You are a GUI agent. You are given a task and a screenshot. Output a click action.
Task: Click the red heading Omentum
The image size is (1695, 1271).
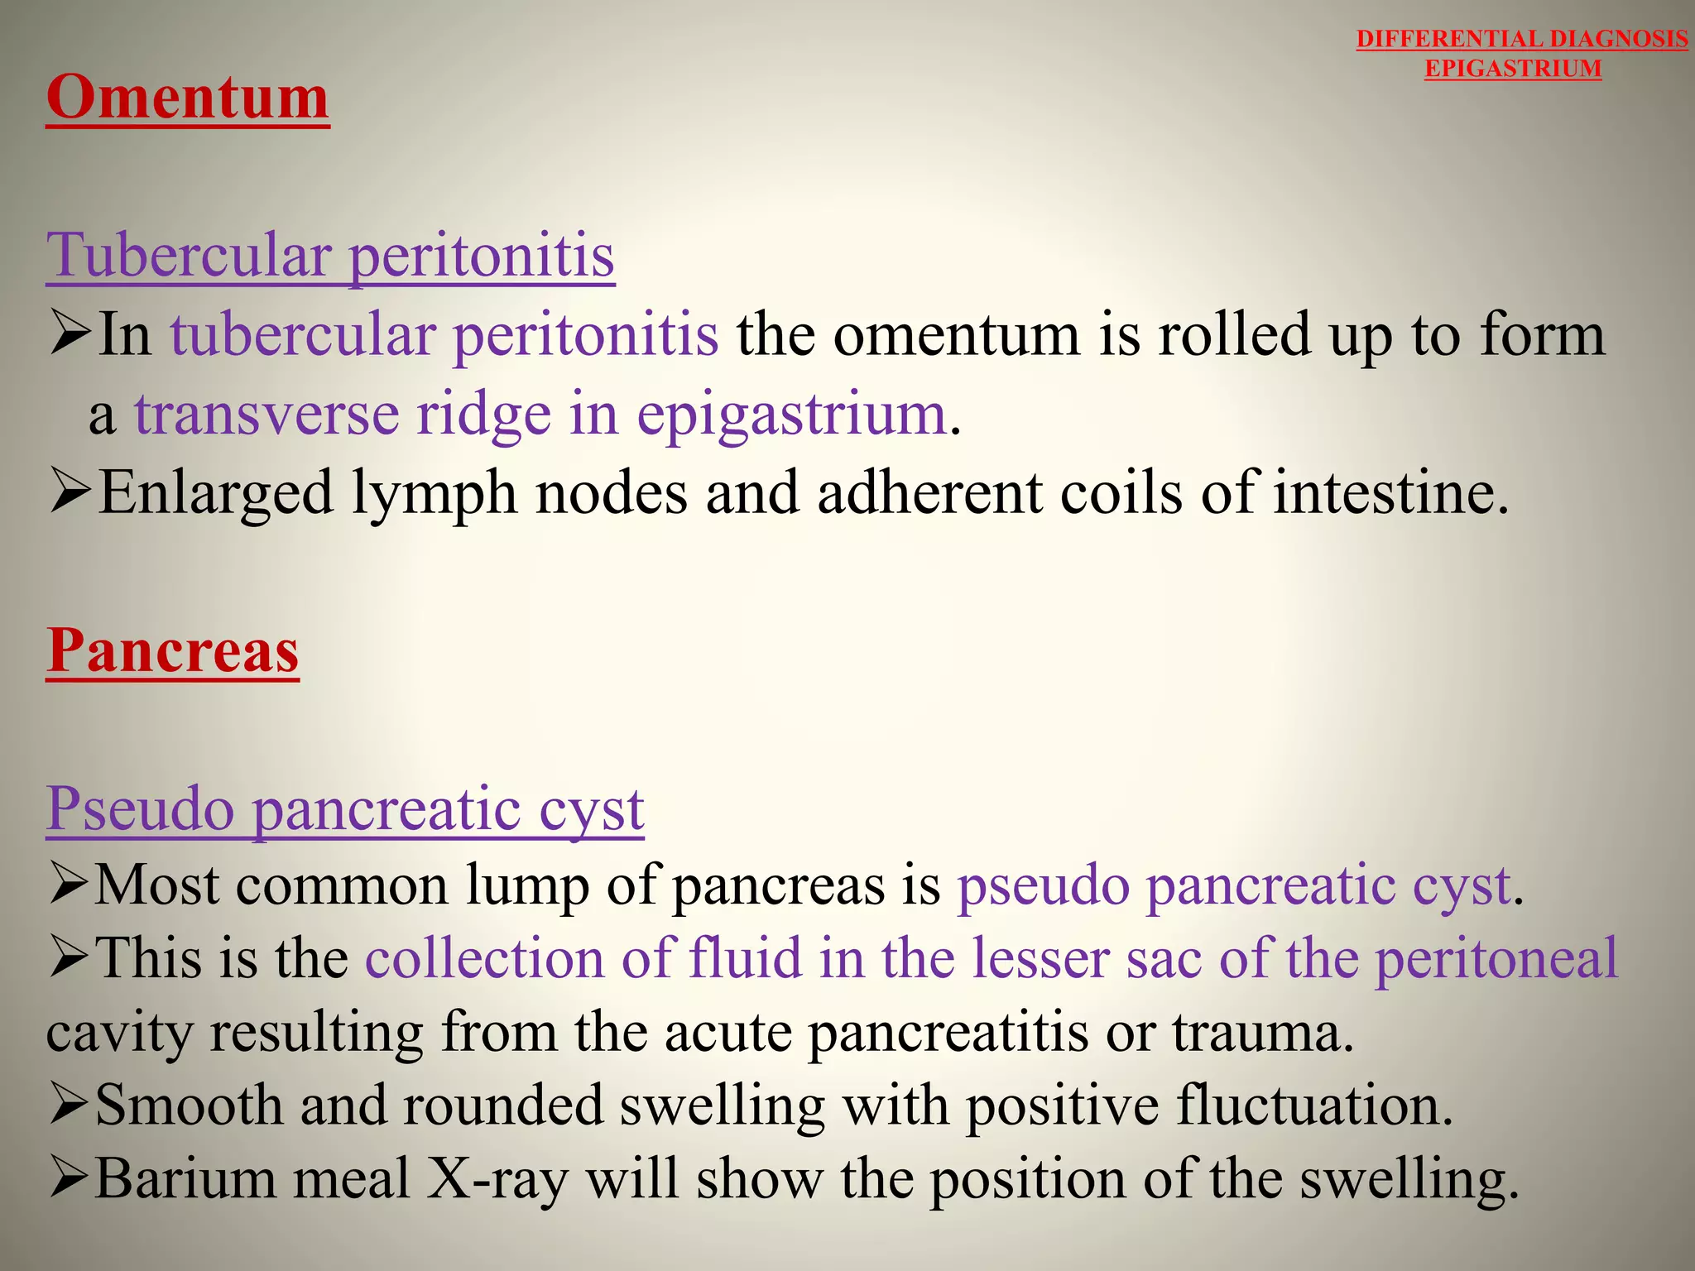click(x=188, y=98)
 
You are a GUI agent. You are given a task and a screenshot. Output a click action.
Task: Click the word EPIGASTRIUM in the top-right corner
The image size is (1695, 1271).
click(x=1513, y=69)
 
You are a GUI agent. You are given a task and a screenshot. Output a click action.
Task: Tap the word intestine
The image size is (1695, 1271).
click(x=1390, y=493)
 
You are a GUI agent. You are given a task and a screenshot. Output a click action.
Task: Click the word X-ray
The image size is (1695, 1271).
click(x=497, y=1178)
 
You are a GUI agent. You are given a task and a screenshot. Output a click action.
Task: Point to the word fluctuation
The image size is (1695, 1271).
click(x=1314, y=1106)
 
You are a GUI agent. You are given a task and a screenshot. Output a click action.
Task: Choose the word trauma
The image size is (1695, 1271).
click(x=1263, y=1033)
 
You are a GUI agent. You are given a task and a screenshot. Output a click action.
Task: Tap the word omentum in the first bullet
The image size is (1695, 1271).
click(x=957, y=336)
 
